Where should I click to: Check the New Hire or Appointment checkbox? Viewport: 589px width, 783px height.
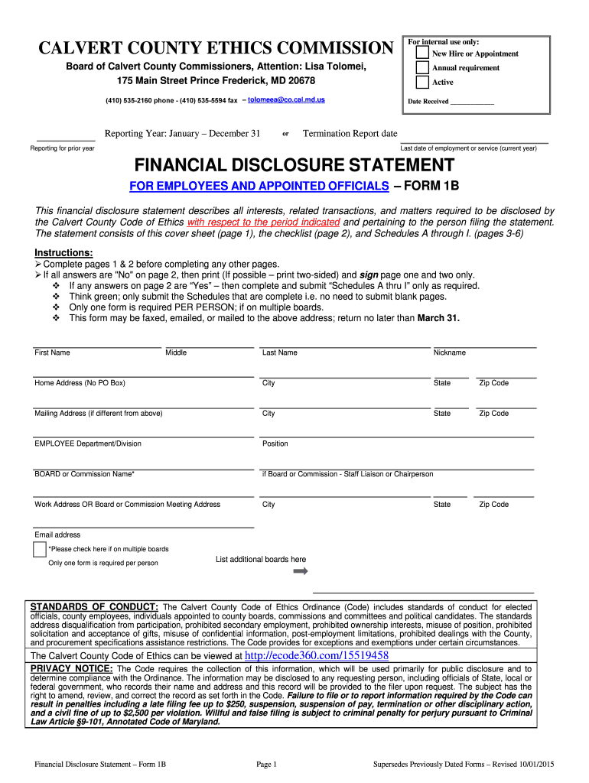(x=422, y=53)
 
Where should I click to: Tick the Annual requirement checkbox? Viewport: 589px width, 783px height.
(x=422, y=67)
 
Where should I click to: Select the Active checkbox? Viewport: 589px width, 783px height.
(x=422, y=82)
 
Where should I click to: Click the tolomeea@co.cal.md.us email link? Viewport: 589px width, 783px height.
(x=286, y=100)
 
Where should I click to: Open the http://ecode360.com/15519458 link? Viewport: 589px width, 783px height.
(x=316, y=655)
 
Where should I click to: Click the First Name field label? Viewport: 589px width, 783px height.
(x=52, y=353)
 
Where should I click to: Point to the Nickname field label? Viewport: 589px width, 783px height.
(x=449, y=353)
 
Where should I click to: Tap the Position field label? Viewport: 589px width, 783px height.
(x=275, y=443)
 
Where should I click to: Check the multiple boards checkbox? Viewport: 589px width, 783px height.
(x=40, y=549)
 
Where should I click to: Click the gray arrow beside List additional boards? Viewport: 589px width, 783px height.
(x=300, y=572)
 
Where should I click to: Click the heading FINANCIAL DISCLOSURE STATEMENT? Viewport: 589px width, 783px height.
(x=294, y=165)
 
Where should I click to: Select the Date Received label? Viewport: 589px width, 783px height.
(x=428, y=102)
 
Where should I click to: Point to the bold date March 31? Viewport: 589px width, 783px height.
(x=438, y=318)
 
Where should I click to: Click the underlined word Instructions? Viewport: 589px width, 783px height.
(x=64, y=253)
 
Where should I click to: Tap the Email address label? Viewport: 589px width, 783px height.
(x=57, y=534)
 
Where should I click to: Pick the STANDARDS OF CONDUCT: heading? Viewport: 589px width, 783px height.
(x=94, y=607)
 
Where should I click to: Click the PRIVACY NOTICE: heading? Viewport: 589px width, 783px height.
(x=71, y=669)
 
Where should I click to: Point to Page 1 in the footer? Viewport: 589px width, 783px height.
(x=266, y=764)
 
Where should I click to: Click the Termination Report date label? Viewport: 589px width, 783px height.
(x=350, y=133)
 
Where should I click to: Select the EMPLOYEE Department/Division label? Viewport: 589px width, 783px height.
(x=88, y=443)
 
